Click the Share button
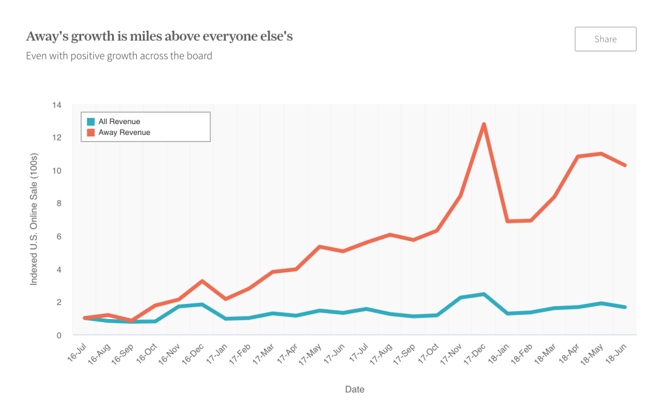tap(605, 39)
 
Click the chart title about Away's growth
tap(159, 36)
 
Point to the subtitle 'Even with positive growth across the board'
tap(119, 56)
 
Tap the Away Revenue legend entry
tap(124, 132)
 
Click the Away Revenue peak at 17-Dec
tap(484, 124)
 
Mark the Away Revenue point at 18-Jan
tap(507, 222)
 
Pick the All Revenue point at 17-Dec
tap(484, 294)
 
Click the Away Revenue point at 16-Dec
tap(202, 281)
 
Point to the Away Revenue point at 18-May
tap(601, 154)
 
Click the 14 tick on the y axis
tap(57, 105)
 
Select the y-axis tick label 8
tap(59, 203)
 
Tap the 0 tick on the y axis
tap(59, 335)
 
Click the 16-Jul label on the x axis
tap(76, 352)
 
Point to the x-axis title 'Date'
tap(354, 389)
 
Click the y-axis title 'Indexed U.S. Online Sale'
tap(34, 219)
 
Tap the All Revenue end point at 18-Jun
tap(625, 307)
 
